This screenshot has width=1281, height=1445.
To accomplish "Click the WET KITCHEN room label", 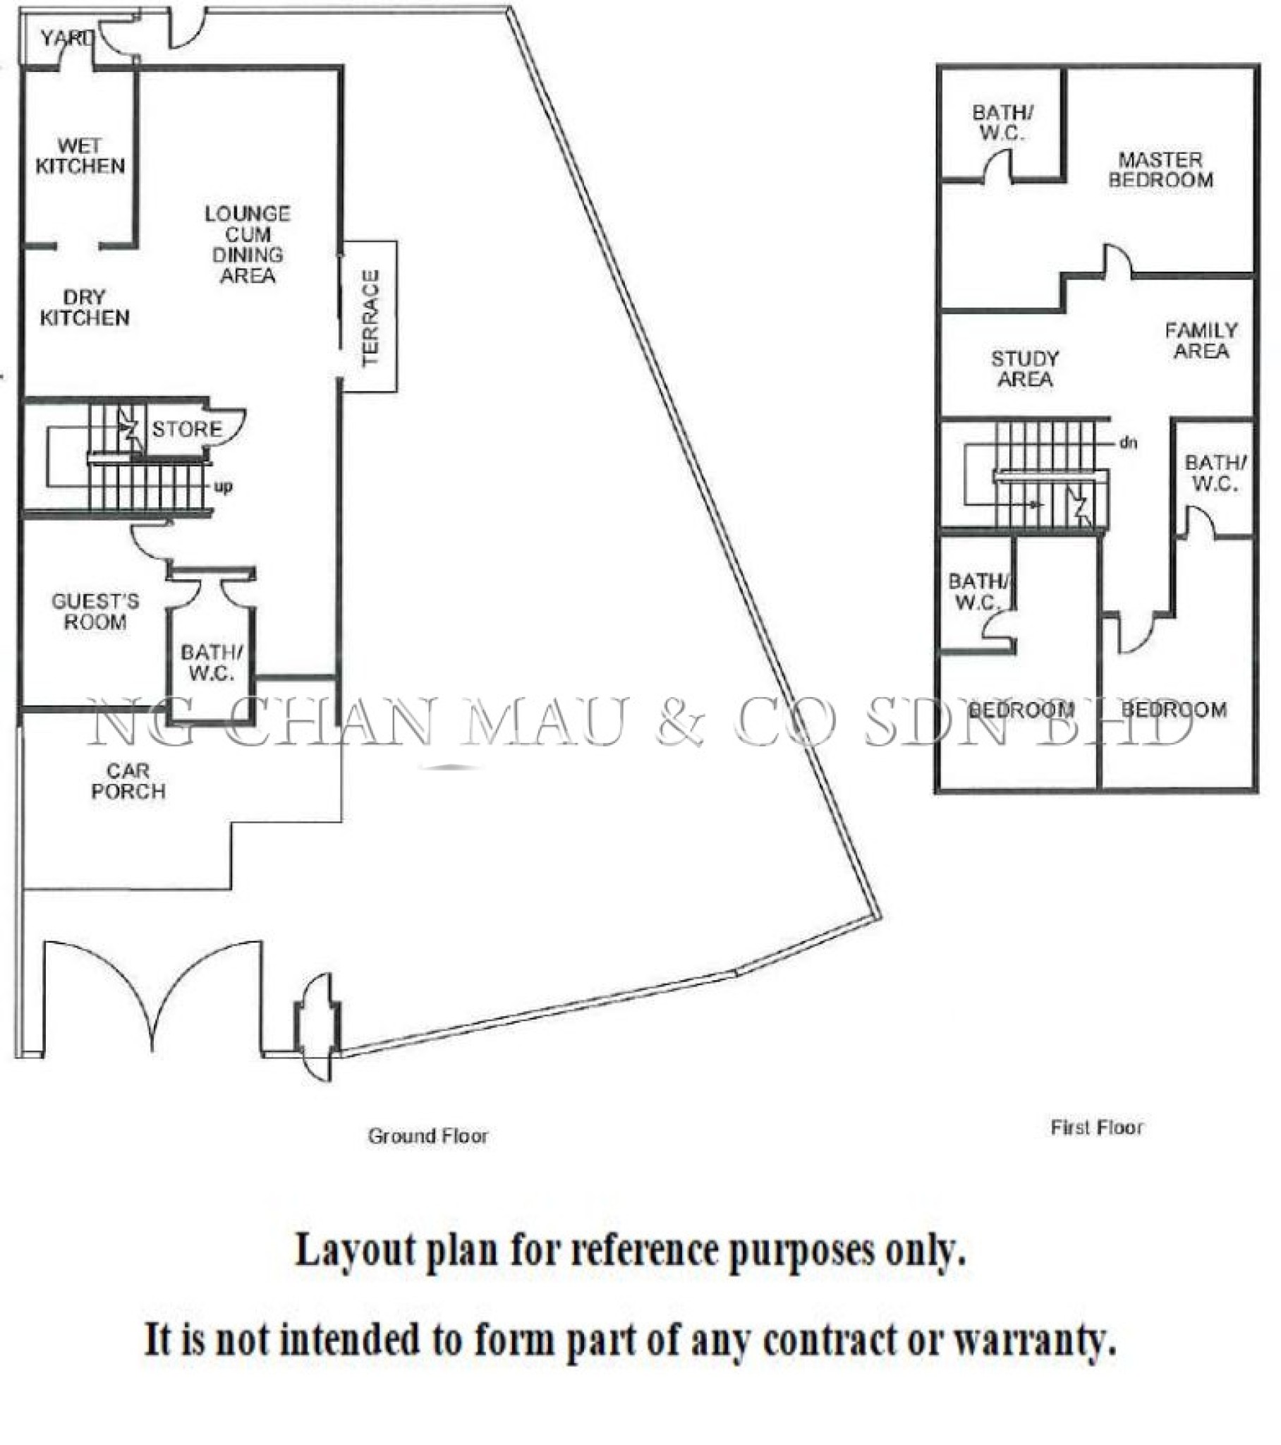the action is tap(80, 156).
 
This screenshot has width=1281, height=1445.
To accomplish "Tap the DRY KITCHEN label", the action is tap(84, 308).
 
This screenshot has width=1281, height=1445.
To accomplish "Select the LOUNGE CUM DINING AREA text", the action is tap(248, 245).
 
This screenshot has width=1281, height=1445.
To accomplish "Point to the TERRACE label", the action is tap(370, 318).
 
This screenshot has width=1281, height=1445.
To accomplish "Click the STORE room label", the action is tap(188, 429).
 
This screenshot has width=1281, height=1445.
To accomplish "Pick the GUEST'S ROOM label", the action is tap(95, 612).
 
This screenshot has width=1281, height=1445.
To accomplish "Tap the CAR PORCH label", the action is tap(128, 781).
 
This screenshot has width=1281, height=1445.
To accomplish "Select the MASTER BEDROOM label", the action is tap(1160, 170).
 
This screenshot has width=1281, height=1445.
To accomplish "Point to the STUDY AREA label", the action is tap(1024, 369).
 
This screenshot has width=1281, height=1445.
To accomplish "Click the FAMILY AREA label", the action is tap(1201, 341).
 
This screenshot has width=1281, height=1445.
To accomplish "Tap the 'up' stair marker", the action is tap(223, 486).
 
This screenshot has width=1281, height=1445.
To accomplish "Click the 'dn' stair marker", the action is tap(1129, 443).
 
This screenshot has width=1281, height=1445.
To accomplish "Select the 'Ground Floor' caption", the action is tap(427, 1136).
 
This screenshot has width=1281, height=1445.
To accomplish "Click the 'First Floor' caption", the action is tap(1096, 1127).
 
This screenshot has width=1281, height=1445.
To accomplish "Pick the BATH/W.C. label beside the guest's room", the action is tap(211, 663).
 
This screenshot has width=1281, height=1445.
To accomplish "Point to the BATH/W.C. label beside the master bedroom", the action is tap(1002, 122).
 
